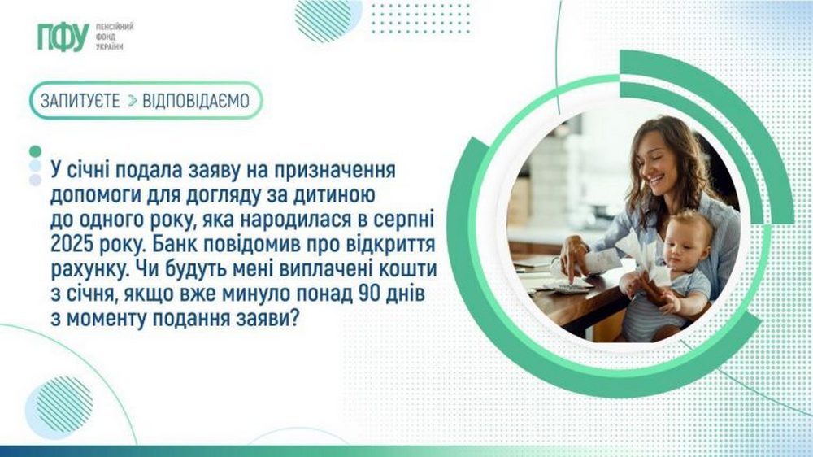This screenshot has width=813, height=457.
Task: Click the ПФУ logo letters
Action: pyautogui.click(x=62, y=36)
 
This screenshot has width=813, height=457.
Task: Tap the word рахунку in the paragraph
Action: pyautogui.click(x=86, y=269)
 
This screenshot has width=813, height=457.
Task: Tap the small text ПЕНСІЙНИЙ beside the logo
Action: pyautogui.click(x=115, y=26)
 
